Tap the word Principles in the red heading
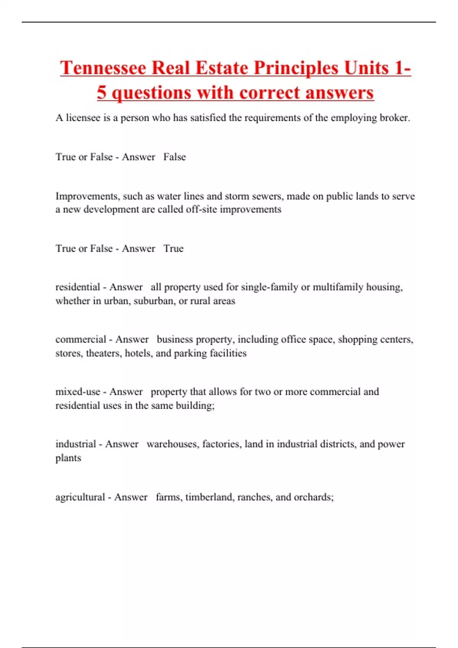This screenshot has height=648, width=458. click(296, 68)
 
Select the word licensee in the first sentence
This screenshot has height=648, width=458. click(83, 118)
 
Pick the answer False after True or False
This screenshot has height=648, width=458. click(174, 157)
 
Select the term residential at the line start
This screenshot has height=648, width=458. click(77, 287)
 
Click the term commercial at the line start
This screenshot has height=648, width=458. click(81, 339)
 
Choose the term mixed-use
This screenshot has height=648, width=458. click(77, 392)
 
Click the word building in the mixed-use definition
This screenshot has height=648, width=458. click(195, 406)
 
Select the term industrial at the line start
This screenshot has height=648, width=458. click(76, 444)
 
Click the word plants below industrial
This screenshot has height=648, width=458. click(68, 458)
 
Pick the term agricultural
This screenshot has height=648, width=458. click(80, 497)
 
